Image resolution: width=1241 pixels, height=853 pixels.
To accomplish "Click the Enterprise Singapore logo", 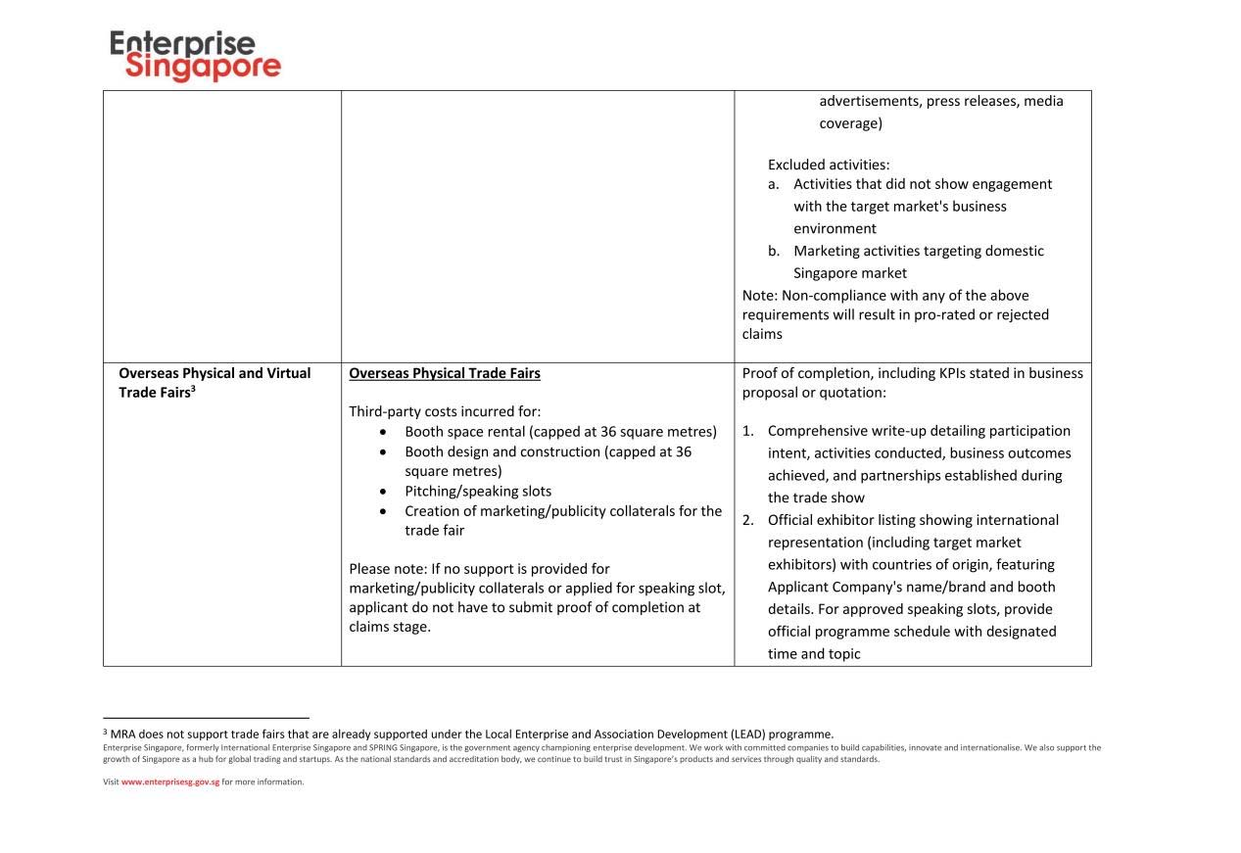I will click(196, 56).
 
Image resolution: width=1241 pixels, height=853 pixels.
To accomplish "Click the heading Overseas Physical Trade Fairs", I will click(445, 373).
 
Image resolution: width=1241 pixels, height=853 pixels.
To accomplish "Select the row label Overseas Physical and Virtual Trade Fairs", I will click(215, 382).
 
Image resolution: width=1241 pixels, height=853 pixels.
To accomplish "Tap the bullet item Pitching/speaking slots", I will click(478, 491).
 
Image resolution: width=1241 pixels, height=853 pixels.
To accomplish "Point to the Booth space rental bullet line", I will click(560, 431).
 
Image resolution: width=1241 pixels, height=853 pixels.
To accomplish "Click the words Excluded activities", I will click(829, 165).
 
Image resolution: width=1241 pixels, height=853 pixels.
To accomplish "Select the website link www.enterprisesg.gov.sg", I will click(170, 782).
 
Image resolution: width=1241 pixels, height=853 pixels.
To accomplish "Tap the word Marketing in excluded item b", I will click(826, 251).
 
